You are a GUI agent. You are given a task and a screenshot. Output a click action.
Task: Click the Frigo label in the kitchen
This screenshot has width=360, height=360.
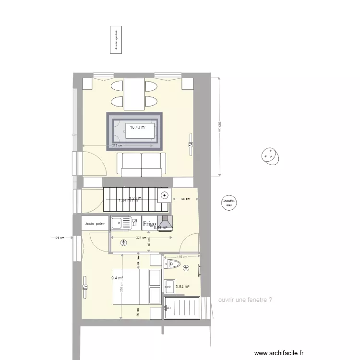tap(149, 223)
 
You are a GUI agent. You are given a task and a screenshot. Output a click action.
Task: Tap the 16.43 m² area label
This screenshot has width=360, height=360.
tap(138, 127)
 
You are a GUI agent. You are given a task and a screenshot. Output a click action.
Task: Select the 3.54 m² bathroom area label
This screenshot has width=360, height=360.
tap(182, 287)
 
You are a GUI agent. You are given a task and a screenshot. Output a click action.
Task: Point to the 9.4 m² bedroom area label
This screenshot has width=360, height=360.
tap(117, 277)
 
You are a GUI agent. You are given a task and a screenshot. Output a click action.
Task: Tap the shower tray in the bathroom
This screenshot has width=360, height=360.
tap(182, 307)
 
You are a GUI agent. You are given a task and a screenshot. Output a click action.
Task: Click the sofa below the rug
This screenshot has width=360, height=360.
tap(142, 165)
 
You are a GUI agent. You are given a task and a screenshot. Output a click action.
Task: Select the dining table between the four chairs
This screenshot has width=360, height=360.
tap(134, 94)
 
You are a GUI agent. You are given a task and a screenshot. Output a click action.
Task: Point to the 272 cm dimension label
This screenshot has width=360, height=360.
tap(117, 145)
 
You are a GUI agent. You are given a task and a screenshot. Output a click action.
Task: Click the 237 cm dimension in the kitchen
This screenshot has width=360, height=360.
tap(141, 238)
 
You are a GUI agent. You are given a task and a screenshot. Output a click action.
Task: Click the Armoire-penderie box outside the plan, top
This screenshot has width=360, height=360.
tap(116, 39)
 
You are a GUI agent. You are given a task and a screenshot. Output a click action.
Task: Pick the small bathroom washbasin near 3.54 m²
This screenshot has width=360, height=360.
tap(169, 286)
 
